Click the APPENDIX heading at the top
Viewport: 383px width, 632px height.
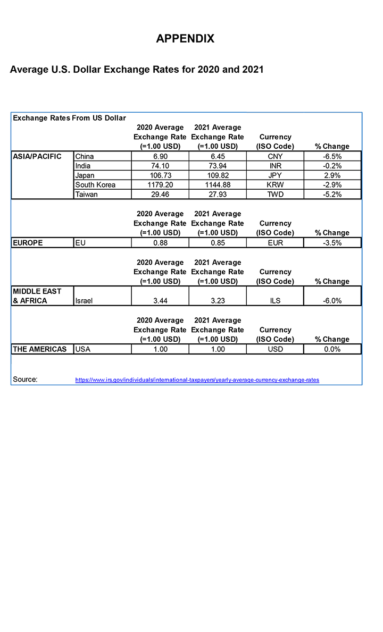[185, 38]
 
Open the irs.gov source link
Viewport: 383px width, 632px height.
[197, 380]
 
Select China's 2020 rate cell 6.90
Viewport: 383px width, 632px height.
[160, 156]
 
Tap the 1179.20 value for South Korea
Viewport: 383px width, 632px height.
[160, 185]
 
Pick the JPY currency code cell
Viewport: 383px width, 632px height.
[275, 175]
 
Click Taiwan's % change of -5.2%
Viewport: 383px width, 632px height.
[332, 195]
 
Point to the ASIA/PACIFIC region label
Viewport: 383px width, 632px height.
[37, 156]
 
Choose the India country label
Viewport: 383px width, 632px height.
[83, 166]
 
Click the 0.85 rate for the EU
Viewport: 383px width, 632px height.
[218, 243]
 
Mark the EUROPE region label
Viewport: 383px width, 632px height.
[28, 243]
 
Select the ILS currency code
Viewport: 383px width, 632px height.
[275, 300]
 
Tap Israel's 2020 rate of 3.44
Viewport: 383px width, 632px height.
[160, 300]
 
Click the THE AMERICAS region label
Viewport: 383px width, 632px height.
[40, 349]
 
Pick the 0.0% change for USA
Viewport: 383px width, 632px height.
[332, 349]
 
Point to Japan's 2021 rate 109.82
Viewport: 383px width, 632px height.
[218, 175]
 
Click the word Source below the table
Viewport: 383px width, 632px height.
[25, 380]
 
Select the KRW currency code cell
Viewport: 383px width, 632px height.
[275, 185]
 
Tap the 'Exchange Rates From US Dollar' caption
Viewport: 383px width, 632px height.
[69, 117]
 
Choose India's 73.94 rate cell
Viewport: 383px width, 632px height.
[218, 166]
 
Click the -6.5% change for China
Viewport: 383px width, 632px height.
[332, 156]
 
